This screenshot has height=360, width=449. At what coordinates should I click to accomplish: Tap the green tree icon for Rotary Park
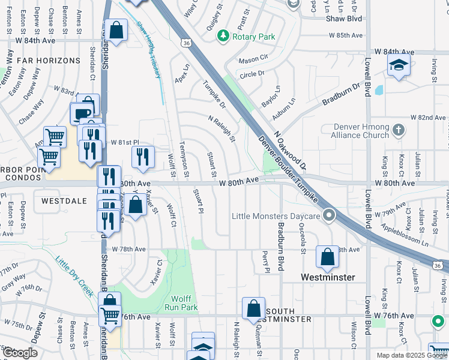pyautogui.click(x=223, y=37)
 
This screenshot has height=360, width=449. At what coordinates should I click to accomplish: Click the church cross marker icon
pyautogui.click(x=397, y=130)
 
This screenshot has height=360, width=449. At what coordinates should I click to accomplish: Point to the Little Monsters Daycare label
pyautogui.click(x=276, y=216)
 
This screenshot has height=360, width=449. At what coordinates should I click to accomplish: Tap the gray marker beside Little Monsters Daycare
pyautogui.click(x=328, y=215)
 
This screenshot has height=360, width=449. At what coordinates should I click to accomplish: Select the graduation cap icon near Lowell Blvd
pyautogui.click(x=398, y=65)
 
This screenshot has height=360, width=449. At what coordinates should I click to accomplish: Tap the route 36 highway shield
pyautogui.click(x=187, y=43)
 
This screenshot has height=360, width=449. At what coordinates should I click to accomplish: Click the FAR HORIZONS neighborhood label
pyautogui.click(x=49, y=61)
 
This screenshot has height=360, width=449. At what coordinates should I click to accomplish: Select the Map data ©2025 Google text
pyautogui.click(x=411, y=355)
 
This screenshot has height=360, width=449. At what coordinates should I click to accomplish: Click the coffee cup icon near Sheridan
pyautogui.click(x=82, y=112)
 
